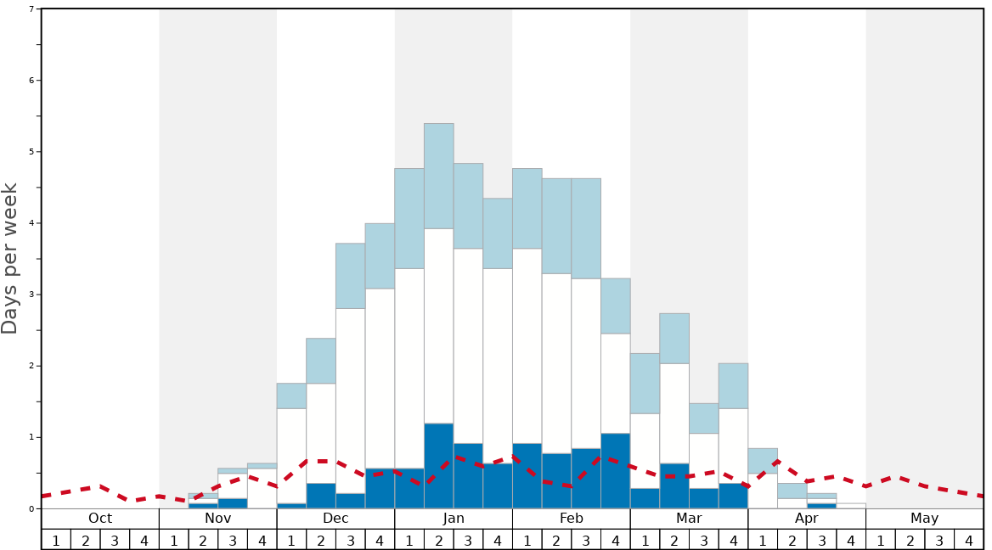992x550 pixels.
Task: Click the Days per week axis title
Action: pyautogui.click(x=10, y=258)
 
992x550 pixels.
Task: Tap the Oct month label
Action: pyautogui.click(x=100, y=519)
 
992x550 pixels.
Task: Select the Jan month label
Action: pyautogui.click(x=454, y=519)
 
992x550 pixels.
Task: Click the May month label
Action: pyautogui.click(x=924, y=519)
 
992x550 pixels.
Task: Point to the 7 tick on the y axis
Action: pyautogui.click(x=31, y=9)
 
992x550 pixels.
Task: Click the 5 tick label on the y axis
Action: pyautogui.click(x=31, y=152)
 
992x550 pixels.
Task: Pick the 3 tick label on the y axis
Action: pyautogui.click(x=31, y=295)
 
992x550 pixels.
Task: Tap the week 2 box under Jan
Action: pyautogui.click(x=438, y=540)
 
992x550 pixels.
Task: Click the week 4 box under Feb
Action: pyautogui.click(x=615, y=540)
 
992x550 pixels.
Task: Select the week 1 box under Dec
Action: pyautogui.click(x=291, y=540)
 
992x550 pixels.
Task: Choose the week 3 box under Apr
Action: pyautogui.click(x=821, y=540)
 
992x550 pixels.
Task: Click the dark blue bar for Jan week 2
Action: pyautogui.click(x=438, y=465)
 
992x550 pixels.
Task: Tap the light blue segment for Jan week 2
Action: pyautogui.click(x=438, y=176)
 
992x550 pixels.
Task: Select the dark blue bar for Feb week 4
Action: pyautogui.click(x=615, y=470)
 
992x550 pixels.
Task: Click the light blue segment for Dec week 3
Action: pyautogui.click(x=350, y=276)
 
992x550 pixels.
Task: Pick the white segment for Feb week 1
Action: pyautogui.click(x=527, y=345)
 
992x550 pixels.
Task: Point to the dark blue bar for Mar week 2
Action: pyautogui.click(x=674, y=485)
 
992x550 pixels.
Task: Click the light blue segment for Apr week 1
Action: pyautogui.click(x=763, y=460)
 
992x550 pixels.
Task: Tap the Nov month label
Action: pyautogui.click(x=217, y=519)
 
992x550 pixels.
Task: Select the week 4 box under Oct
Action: pyautogui.click(x=144, y=540)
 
